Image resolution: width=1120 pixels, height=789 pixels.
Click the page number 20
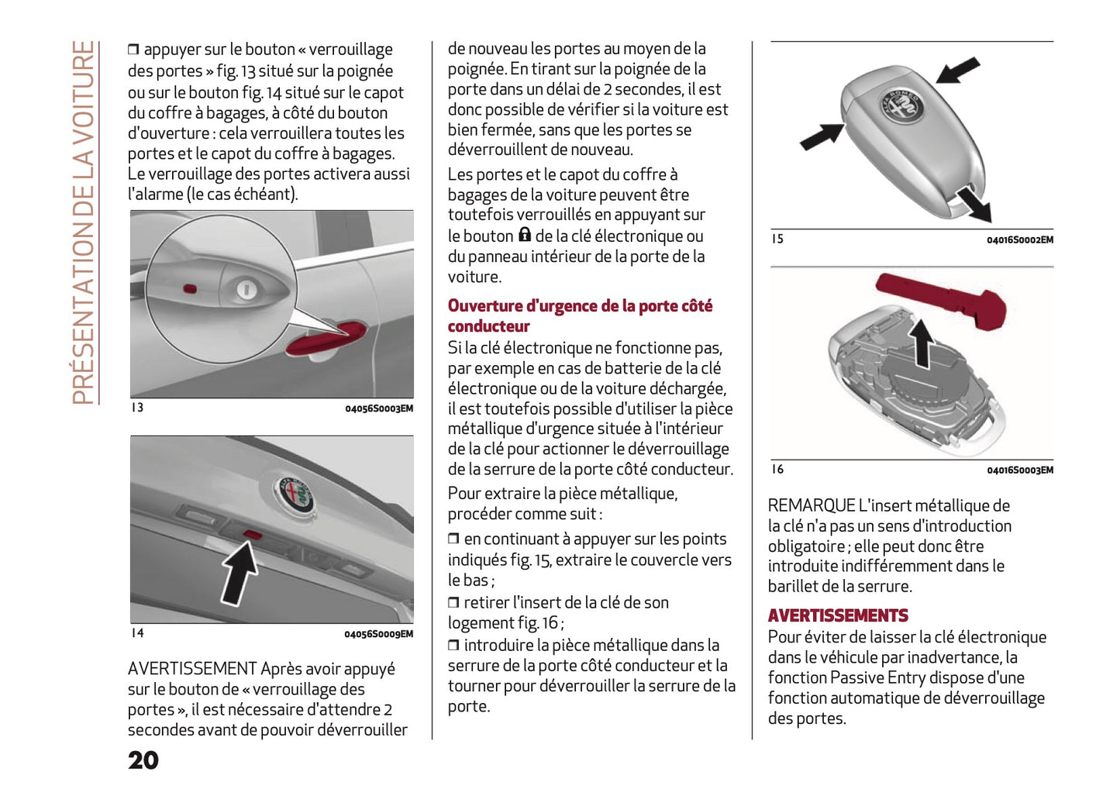click(143, 760)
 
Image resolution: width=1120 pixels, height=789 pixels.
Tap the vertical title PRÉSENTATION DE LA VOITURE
click(84, 222)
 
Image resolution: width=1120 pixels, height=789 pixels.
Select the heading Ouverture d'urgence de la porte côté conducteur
click(579, 315)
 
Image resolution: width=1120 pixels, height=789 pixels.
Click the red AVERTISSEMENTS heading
click(838, 616)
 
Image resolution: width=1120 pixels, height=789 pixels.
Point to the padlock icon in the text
click(525, 235)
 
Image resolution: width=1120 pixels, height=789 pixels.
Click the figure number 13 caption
click(137, 408)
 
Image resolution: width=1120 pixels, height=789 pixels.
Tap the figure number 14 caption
click(137, 633)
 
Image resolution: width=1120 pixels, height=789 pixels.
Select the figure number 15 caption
click(777, 239)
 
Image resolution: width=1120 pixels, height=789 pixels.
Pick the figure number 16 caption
click(777, 469)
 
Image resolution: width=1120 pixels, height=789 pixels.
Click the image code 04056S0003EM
click(379, 408)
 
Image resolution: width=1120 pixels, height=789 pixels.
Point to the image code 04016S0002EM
click(1019, 239)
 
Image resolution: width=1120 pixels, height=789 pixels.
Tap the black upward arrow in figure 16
click(922, 343)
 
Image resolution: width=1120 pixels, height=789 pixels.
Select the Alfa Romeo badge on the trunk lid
click(294, 494)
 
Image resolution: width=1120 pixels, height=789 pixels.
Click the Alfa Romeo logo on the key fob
click(901, 105)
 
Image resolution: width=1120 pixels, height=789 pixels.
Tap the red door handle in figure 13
click(326, 339)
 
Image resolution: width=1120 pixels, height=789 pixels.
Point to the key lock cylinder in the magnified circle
click(246, 290)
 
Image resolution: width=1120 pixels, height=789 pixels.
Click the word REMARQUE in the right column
click(811, 506)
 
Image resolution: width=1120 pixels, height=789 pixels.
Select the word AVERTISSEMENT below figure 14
click(191, 669)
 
